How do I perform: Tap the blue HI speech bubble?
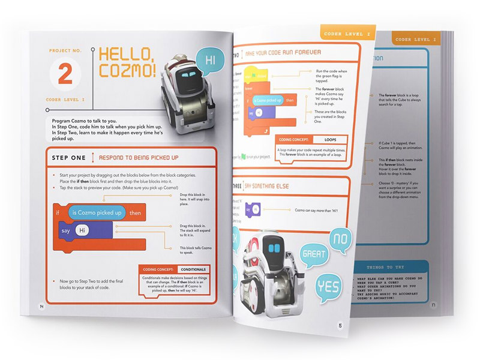[210, 60]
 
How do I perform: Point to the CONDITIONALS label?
[193, 269]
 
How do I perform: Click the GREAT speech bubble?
[313, 254]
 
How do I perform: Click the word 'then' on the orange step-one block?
[136, 213]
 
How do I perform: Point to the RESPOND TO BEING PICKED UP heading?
[138, 158]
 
